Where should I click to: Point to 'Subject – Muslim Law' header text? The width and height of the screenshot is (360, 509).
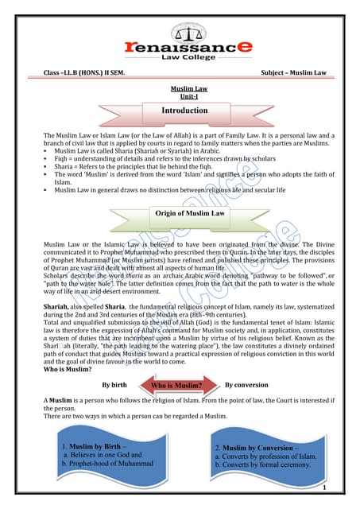point(293,73)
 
